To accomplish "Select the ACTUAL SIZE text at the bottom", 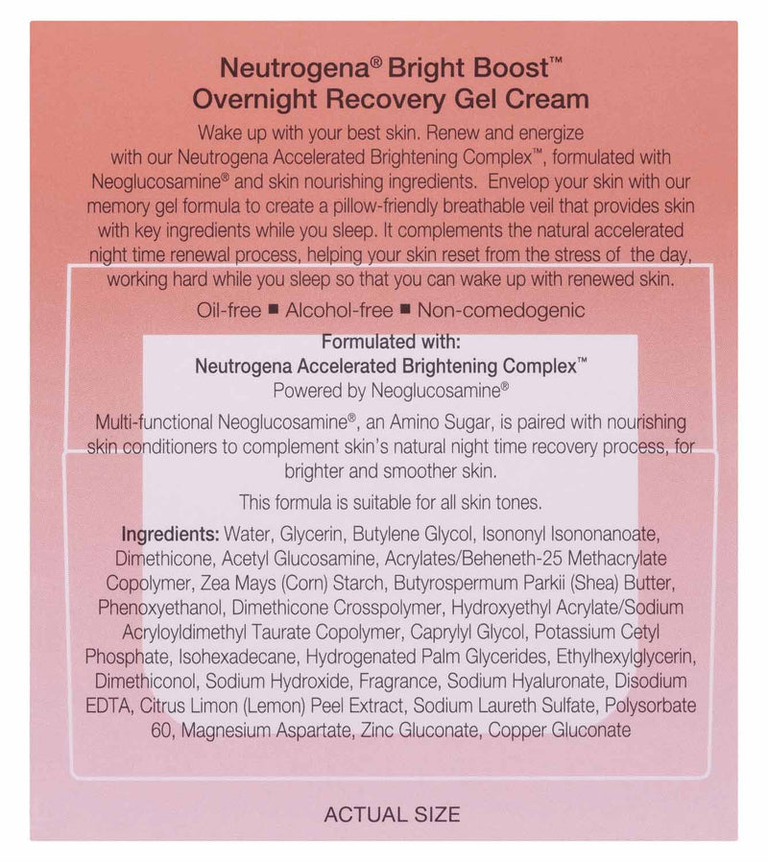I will pyautogui.click(x=392, y=815).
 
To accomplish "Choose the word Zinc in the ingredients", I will pyautogui.click(x=377, y=731).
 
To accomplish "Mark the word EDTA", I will pyautogui.click(x=107, y=706).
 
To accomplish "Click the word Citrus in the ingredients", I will pyautogui.click(x=164, y=706).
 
